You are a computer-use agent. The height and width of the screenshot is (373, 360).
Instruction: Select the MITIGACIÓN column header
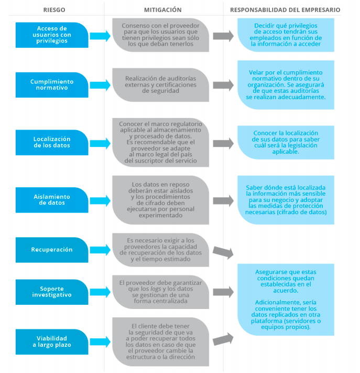click(x=162, y=9)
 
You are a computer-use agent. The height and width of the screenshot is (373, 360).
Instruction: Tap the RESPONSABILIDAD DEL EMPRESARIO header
click(x=285, y=9)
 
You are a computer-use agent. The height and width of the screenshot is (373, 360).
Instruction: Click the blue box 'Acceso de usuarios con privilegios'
click(x=52, y=35)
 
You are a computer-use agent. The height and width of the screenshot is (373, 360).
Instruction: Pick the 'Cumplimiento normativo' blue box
click(x=52, y=85)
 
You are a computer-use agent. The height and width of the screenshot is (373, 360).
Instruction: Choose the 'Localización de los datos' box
click(x=52, y=142)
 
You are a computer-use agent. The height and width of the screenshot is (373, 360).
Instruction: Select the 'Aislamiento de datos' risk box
click(x=52, y=199)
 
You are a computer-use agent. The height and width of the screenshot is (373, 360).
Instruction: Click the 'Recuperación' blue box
click(x=52, y=250)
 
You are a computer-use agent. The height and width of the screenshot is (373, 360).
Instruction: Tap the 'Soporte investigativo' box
click(x=52, y=292)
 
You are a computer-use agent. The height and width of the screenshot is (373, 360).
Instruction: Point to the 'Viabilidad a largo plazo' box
click(x=52, y=342)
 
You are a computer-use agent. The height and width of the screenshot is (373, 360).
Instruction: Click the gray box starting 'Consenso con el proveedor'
click(x=161, y=35)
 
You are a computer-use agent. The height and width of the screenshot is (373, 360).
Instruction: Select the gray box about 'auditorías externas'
click(x=161, y=84)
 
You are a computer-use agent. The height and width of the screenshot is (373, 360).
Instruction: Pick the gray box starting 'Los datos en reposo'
click(x=161, y=200)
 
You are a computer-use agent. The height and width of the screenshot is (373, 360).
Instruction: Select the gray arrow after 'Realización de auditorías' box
click(x=223, y=85)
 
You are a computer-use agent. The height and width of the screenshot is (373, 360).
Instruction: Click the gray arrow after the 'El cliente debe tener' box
click(x=223, y=339)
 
